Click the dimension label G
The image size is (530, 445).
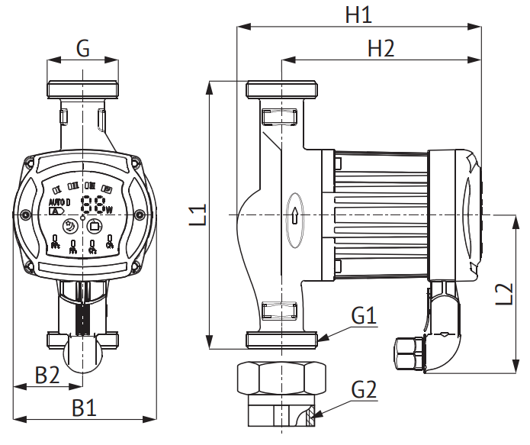tap(83, 50)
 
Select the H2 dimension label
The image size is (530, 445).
tap(381, 49)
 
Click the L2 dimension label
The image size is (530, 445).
tap(503, 295)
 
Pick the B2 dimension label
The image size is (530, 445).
tap(48, 375)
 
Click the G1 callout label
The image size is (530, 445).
tap(365, 315)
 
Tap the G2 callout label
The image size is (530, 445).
tap(365, 390)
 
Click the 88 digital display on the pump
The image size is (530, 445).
tap(95, 205)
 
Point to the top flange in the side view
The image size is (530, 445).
tap(281, 89)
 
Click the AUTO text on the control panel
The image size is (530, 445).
tap(58, 202)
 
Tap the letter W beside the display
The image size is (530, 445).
tap(110, 209)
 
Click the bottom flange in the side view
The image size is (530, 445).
tap(281, 340)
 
